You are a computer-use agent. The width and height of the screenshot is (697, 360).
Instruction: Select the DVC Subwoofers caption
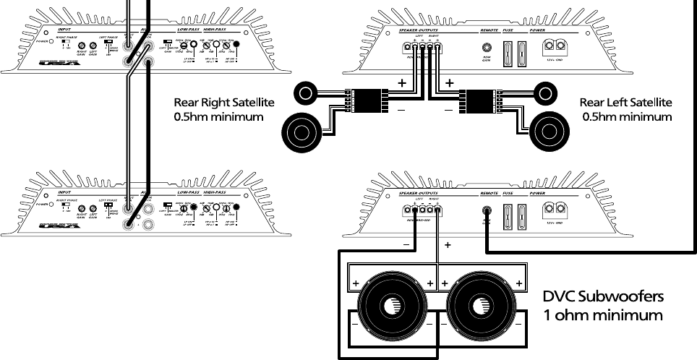pos(602,298)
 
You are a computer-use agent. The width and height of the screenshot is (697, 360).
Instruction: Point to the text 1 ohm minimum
pos(602,315)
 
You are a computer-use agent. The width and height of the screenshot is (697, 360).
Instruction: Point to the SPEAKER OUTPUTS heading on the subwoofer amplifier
pos(419,194)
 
